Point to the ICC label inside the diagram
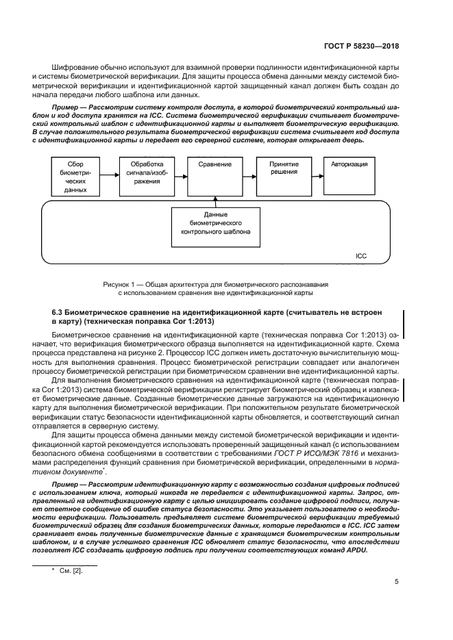coord(361,255)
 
